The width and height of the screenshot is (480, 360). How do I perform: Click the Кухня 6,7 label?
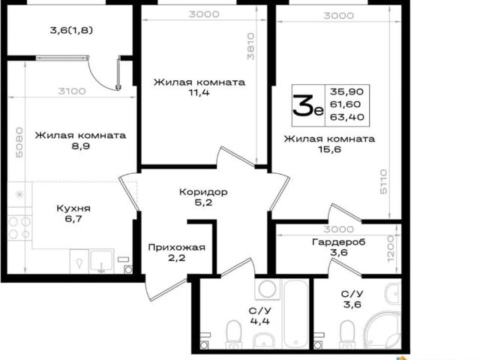tap(73, 214)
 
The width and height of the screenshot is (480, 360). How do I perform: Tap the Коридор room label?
tap(203, 192)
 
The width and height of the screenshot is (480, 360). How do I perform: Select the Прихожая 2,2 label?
tap(177, 253)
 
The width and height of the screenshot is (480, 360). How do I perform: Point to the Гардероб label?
tap(339, 242)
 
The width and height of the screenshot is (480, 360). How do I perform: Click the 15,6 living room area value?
tap(329, 149)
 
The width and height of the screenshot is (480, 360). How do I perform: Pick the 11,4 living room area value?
tap(199, 92)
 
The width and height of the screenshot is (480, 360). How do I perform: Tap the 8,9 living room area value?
tap(80, 146)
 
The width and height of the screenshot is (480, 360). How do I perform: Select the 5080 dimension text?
tap(19, 142)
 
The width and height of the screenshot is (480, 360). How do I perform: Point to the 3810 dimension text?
tap(250, 46)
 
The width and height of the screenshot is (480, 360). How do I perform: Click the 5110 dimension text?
tap(383, 181)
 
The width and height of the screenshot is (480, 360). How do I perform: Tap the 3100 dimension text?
tap(72, 91)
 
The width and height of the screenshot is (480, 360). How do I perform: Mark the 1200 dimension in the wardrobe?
tap(391, 248)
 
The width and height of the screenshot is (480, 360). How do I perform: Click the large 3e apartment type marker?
tap(308, 106)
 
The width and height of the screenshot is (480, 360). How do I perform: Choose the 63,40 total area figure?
tap(347, 117)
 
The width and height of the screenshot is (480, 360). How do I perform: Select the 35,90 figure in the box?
tap(347, 91)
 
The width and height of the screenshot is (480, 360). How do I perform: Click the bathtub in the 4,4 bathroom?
tap(295, 313)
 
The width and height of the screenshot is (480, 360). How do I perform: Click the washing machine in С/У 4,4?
tap(268, 289)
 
